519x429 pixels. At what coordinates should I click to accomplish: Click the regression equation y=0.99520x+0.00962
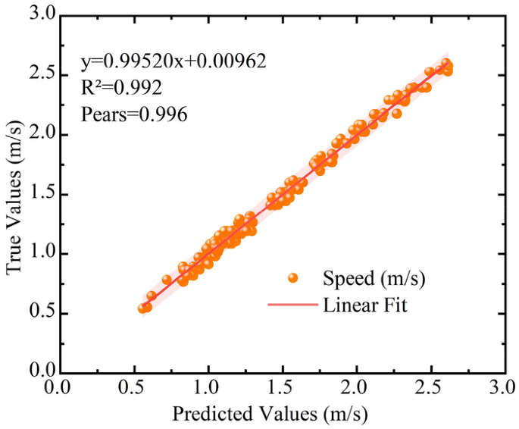pyautogui.click(x=174, y=61)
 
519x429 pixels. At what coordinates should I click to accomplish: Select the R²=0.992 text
pyautogui.click(x=121, y=87)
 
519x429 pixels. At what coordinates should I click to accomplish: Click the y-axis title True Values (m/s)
pyautogui.click(x=16, y=193)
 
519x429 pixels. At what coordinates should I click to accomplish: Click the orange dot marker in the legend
pyautogui.click(x=294, y=278)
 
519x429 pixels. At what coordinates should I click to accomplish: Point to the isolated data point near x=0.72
pyautogui.click(x=167, y=280)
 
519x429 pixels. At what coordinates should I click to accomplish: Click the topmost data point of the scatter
pyautogui.click(x=446, y=64)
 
